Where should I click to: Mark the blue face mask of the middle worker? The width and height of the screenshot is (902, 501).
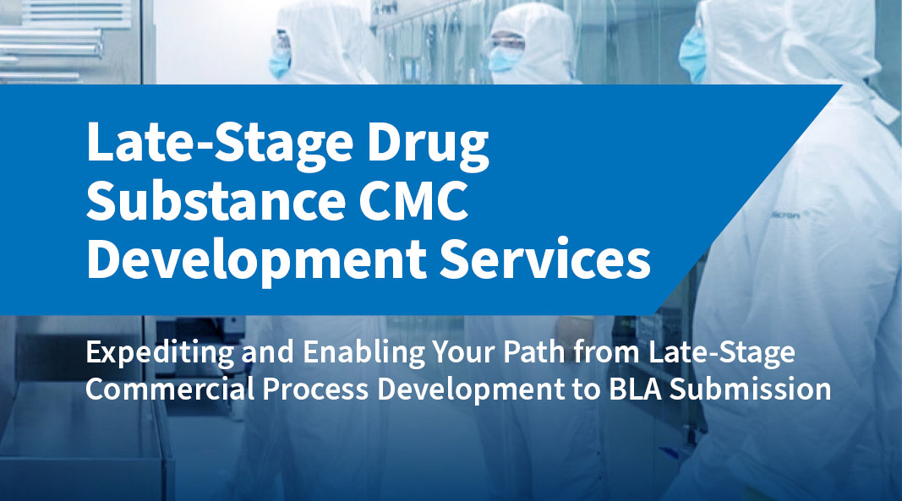pos(507,58)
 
